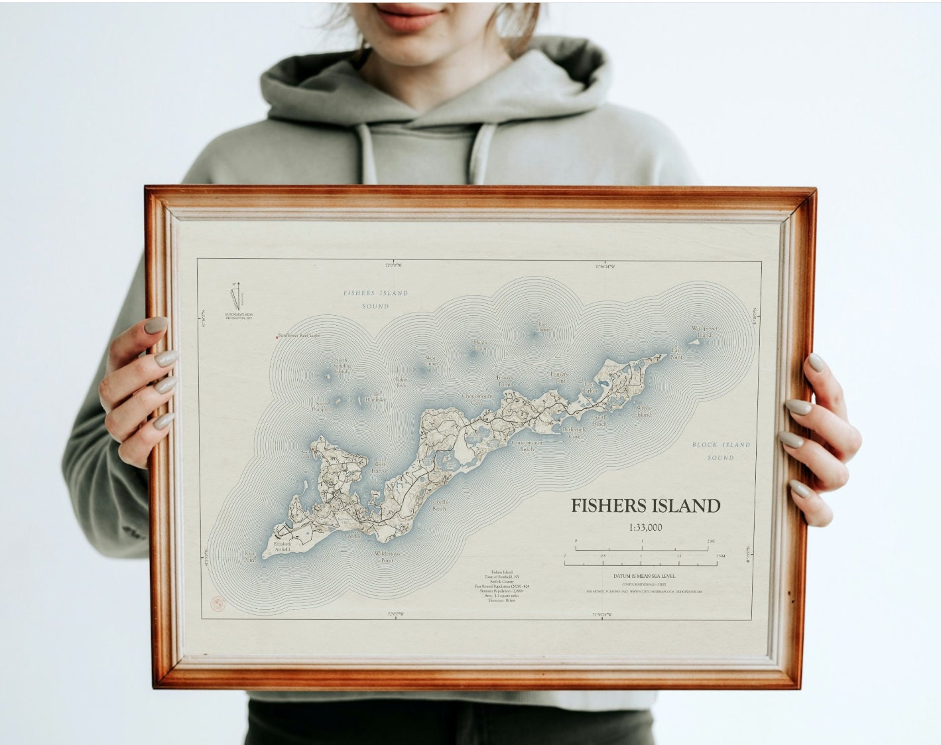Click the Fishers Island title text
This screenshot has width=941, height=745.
(645, 506)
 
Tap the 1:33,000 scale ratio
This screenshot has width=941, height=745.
(645, 528)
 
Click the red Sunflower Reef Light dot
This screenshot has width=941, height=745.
(277, 337)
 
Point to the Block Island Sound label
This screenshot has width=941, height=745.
(721, 451)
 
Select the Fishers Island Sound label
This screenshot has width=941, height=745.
(375, 299)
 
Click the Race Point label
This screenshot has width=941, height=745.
(250, 557)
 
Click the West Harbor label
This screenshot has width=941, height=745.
(380, 467)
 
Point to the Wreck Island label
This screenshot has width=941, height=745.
(644, 411)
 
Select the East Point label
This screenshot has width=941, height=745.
(676, 353)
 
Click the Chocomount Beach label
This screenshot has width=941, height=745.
(527, 446)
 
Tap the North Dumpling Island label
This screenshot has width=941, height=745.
(342, 366)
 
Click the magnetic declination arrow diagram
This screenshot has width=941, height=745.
(234, 294)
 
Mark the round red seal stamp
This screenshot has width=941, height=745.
(217, 604)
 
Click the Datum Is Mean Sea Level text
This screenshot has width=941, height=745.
(641, 576)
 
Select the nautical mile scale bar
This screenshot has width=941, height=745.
(641, 563)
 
